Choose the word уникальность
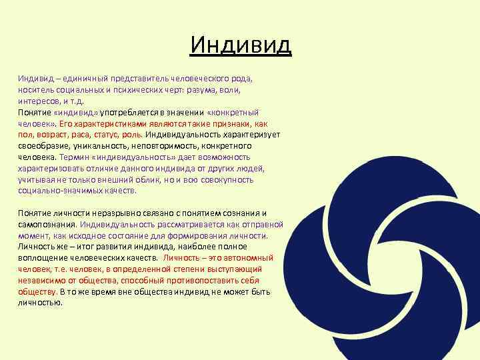[x=95, y=146]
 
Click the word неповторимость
[x=157, y=146]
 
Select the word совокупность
[x=227, y=180]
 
